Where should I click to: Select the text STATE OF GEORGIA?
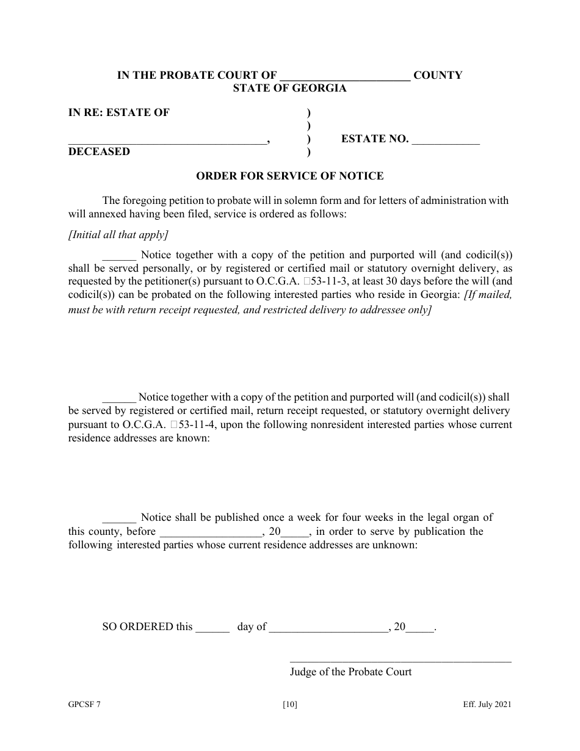tap(289, 89)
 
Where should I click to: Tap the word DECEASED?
tap(99, 152)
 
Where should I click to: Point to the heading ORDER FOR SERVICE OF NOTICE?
tap(289, 176)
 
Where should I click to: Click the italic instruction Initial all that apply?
tap(118, 235)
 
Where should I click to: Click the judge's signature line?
tap(400, 661)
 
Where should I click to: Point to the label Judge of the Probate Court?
tap(350, 672)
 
